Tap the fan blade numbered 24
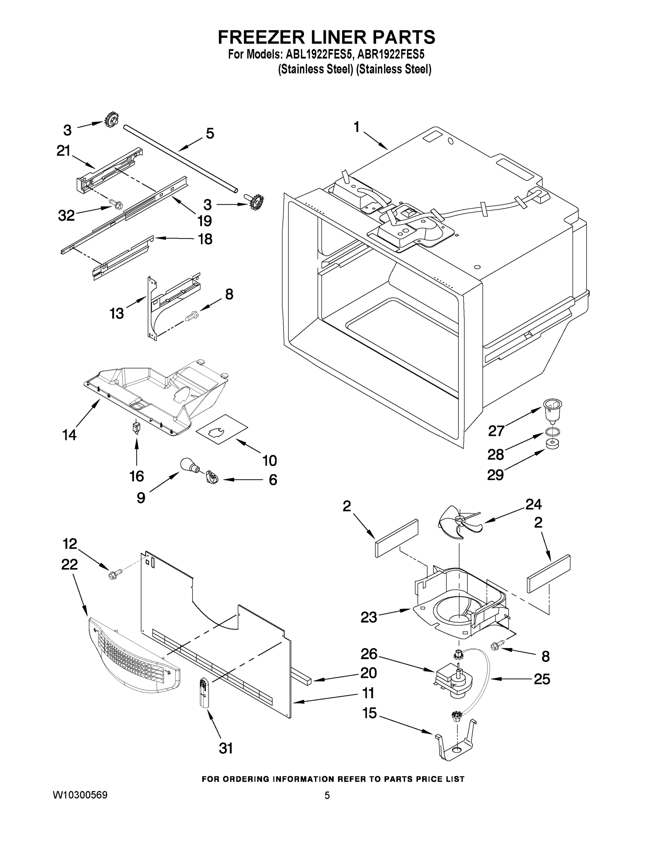click(x=458, y=522)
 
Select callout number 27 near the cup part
click(x=496, y=430)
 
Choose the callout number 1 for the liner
click(x=356, y=126)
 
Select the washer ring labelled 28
click(x=552, y=431)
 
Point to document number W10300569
click(x=80, y=795)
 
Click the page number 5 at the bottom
click(x=327, y=795)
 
